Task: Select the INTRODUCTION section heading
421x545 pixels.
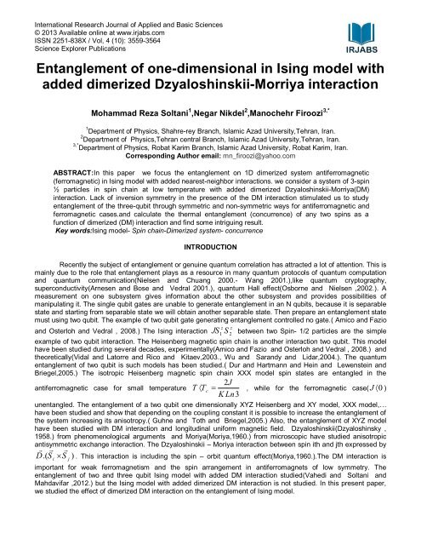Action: click(x=210, y=247)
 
